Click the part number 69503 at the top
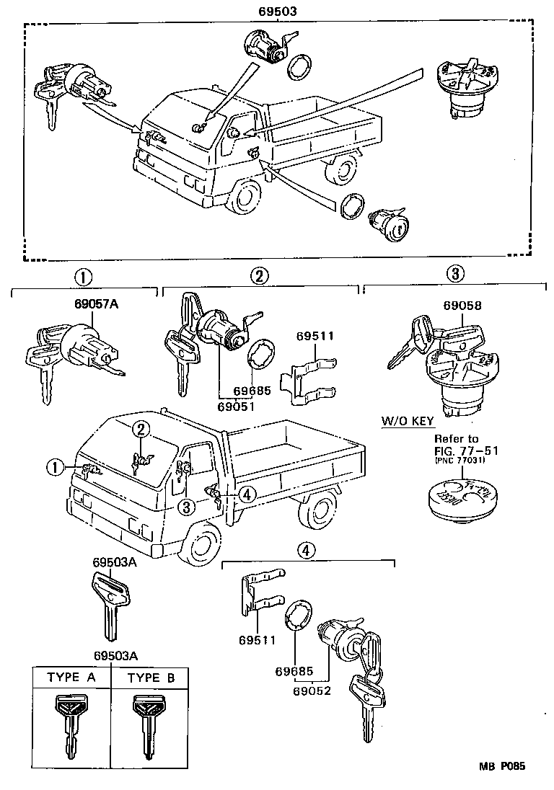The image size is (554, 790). (x=278, y=12)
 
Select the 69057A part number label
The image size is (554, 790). (x=95, y=305)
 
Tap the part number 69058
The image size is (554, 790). (x=462, y=305)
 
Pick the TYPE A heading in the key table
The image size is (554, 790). (x=71, y=678)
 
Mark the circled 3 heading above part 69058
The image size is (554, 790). (x=454, y=274)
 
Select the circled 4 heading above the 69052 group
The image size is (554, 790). (x=307, y=550)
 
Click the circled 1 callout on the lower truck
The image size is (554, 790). (x=53, y=467)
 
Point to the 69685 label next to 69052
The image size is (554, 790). (x=293, y=671)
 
